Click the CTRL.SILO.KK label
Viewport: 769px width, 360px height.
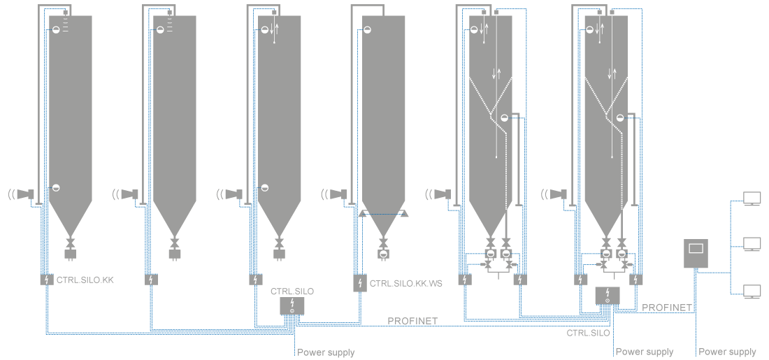click(x=85, y=280)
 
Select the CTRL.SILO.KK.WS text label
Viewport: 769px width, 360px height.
click(x=406, y=284)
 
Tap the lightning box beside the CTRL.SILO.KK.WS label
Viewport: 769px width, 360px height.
click(x=359, y=283)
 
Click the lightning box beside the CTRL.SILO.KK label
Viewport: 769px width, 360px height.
click(x=46, y=280)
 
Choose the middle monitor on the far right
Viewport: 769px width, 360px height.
click(x=752, y=244)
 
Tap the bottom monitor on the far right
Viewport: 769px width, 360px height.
click(x=752, y=291)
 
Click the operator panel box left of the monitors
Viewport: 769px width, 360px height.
click(x=696, y=254)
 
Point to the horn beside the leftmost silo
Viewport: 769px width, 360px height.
click(x=26, y=194)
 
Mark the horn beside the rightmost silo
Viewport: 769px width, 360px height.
click(x=557, y=194)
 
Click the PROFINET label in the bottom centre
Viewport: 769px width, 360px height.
click(x=412, y=321)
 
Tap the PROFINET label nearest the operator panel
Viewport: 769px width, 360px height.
click(x=667, y=308)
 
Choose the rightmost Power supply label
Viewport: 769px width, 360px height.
click(x=727, y=352)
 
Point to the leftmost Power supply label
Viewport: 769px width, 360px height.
click(x=326, y=352)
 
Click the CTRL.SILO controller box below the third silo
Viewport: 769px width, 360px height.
click(x=292, y=305)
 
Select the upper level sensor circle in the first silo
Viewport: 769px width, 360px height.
click(x=56, y=29)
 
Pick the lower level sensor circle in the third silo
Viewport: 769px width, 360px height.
click(x=265, y=187)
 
